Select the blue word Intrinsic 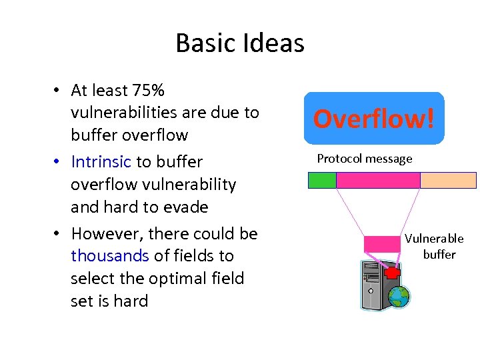point(101,162)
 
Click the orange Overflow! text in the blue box point(373,119)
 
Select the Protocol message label point(365,159)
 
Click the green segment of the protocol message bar point(322,180)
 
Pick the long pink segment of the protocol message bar point(378,180)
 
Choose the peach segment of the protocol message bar point(448,180)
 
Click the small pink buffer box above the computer point(382,244)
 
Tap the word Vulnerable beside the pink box point(434,239)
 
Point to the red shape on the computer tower point(393,273)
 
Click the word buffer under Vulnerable point(439,255)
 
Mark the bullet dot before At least point(59,91)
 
